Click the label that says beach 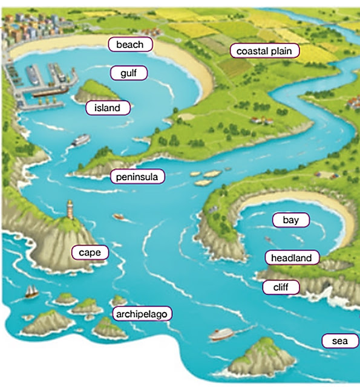click(130, 45)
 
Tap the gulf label click(129, 73)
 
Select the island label click(108, 109)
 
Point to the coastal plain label click(264, 51)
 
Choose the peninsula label click(137, 177)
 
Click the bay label click(290, 220)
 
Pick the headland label click(291, 258)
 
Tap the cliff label click(281, 287)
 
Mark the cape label click(90, 252)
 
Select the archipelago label click(143, 314)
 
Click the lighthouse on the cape click(70, 212)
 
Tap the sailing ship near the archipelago click(31, 292)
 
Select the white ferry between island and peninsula click(80, 141)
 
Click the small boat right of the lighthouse click(119, 216)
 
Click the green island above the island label click(93, 91)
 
